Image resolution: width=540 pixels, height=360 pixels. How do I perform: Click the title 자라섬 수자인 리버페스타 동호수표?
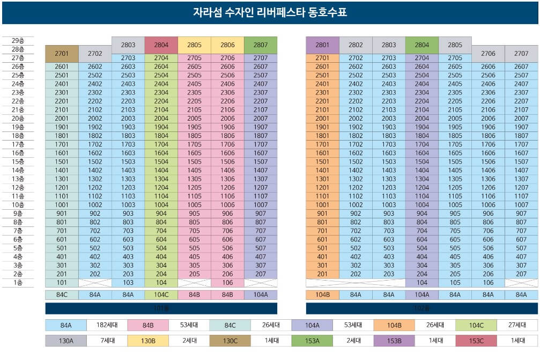[x=270, y=12]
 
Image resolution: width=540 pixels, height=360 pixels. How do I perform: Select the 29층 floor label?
[x=18, y=40]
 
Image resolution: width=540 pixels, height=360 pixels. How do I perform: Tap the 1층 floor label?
[x=18, y=283]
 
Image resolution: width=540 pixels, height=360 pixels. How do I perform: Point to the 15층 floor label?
[x=18, y=161]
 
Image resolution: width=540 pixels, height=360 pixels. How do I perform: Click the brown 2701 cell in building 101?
[x=62, y=54]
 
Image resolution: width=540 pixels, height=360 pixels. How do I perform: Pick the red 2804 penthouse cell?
[x=161, y=45]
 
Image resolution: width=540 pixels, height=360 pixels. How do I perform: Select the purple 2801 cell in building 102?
[x=322, y=45]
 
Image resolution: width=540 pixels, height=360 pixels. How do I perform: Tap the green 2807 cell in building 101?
[x=261, y=45]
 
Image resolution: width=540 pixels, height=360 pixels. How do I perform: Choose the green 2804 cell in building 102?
[x=422, y=45]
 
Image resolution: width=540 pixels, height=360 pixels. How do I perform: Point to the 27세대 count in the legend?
[x=517, y=325]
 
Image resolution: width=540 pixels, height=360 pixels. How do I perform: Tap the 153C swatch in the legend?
[x=476, y=341]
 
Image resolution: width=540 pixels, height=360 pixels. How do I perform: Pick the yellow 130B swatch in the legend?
[x=148, y=341]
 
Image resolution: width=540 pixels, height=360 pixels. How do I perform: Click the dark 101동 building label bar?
[x=161, y=308]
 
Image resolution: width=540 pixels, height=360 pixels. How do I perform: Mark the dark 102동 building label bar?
[x=422, y=308]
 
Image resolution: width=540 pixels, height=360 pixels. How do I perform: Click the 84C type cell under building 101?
[x=62, y=295]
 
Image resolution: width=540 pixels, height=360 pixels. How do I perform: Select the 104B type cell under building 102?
[x=322, y=295]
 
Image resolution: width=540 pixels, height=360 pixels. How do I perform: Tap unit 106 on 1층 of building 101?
[x=227, y=283]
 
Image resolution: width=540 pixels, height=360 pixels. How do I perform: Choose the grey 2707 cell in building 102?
[x=521, y=54]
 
